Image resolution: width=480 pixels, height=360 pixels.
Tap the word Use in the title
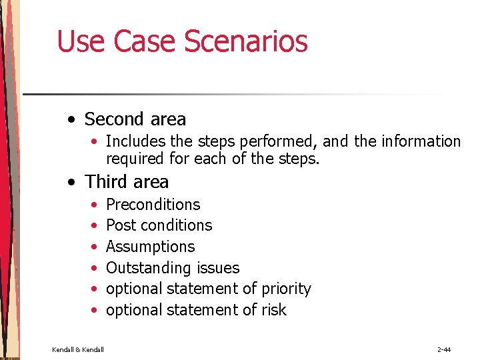pyautogui.click(x=81, y=41)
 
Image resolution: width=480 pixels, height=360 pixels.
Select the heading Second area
pyautogui.click(x=135, y=119)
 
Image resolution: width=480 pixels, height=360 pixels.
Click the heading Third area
pyautogui.click(x=127, y=181)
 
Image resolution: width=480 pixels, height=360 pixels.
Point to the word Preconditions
pyautogui.click(x=153, y=205)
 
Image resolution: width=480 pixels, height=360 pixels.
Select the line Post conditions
pyautogui.click(x=159, y=225)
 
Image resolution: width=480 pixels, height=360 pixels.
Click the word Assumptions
pyautogui.click(x=150, y=247)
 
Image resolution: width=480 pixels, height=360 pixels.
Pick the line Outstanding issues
pyautogui.click(x=172, y=268)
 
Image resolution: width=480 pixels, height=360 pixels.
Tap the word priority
pyautogui.click(x=286, y=289)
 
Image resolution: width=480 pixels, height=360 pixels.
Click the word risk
pyautogui.click(x=273, y=310)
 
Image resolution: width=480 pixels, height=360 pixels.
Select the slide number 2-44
pyautogui.click(x=445, y=349)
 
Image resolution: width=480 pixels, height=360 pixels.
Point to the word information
pyautogui.click(x=421, y=141)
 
